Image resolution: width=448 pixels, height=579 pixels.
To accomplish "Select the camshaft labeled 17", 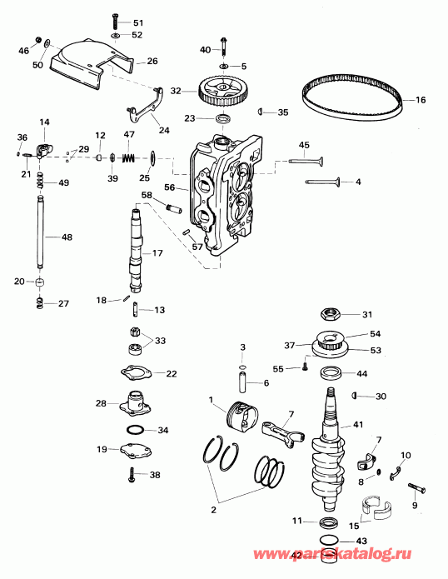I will point(137,251).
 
